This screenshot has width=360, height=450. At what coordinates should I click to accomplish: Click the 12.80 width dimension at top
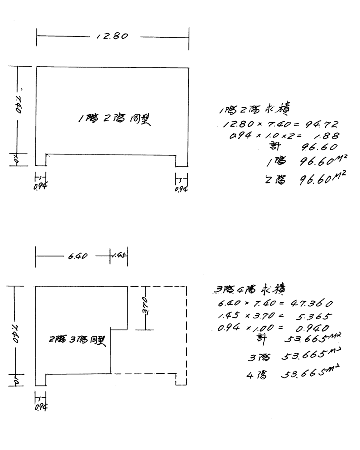pyautogui.click(x=112, y=36)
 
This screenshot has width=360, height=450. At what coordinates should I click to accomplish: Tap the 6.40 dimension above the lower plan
pyautogui.click(x=78, y=256)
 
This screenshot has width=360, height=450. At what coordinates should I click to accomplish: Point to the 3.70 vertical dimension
pyautogui.click(x=146, y=306)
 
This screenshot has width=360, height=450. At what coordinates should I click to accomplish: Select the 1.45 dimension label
pyautogui.click(x=119, y=256)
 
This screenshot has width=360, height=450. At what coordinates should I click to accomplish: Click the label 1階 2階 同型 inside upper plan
pyautogui.click(x=114, y=119)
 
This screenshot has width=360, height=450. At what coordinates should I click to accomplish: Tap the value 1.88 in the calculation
pyautogui.click(x=328, y=136)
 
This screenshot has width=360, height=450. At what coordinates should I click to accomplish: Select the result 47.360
pyautogui.click(x=312, y=303)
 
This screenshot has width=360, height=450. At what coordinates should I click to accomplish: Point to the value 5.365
pyautogui.click(x=314, y=316)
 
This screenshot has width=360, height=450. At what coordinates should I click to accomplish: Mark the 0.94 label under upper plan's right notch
pyautogui.click(x=181, y=189)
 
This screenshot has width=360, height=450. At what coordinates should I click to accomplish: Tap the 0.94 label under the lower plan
pyautogui.click(x=41, y=407)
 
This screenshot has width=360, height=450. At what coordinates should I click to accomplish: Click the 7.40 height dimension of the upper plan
pyautogui.click(x=18, y=104)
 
